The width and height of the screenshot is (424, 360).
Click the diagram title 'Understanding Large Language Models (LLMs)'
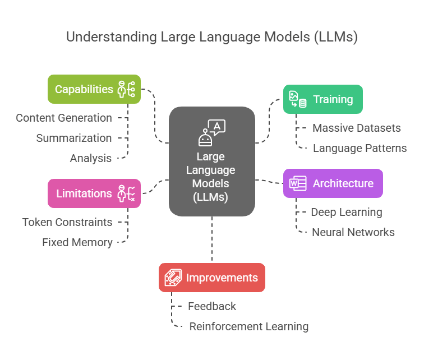coord(212,37)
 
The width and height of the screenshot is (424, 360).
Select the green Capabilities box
coord(94,89)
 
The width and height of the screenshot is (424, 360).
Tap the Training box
coord(322,99)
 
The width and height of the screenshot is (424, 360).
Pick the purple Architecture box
coord(333,183)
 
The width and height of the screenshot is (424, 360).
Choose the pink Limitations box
coord(94,193)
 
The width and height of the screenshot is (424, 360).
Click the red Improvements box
coord(211,278)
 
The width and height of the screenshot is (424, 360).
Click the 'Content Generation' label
coord(64,118)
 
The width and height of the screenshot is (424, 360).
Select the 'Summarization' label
coord(74,138)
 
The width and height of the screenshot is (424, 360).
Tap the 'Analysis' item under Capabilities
coord(91,158)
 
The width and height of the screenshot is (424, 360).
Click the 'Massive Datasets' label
coord(357,128)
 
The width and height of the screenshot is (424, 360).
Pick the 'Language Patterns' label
coord(360,148)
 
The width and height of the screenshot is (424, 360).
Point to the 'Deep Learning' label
coord(347,212)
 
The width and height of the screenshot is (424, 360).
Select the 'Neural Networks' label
coord(353,232)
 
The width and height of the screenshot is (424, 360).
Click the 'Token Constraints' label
coord(67,222)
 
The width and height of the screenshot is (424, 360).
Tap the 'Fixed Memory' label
coord(77,242)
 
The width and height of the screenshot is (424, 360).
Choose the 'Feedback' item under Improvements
coord(212,306)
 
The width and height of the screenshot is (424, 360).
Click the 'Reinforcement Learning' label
coord(249,326)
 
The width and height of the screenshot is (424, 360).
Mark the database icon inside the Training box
coord(303,103)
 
